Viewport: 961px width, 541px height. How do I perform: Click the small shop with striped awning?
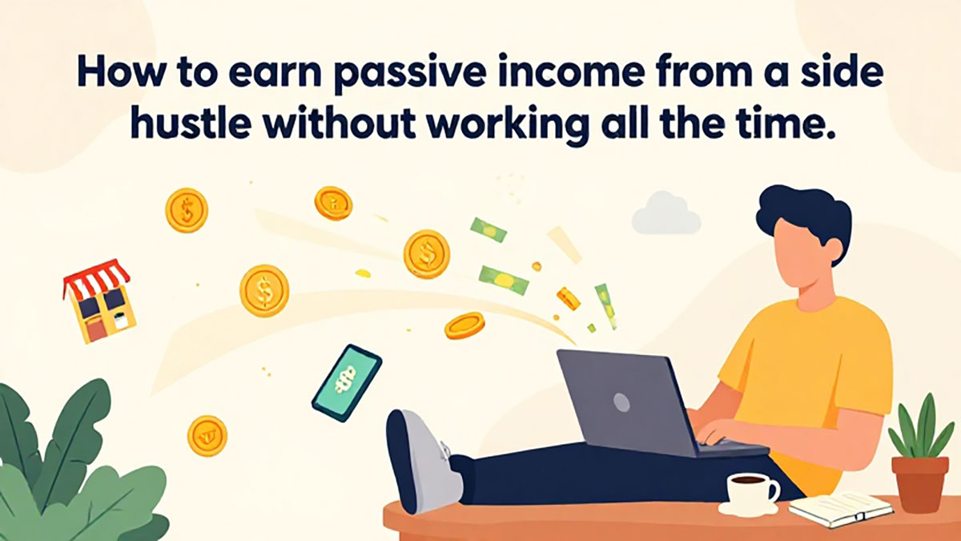tap(99, 301)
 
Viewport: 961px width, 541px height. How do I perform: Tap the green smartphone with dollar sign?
tap(347, 383)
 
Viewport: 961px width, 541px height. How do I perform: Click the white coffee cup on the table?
tap(752, 494)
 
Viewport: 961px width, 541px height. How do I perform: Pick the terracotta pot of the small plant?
tap(920, 484)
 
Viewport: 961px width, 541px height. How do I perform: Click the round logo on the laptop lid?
tap(621, 402)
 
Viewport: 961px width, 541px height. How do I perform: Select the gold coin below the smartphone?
tap(207, 436)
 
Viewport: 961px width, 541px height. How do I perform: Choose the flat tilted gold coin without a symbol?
tap(464, 325)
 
